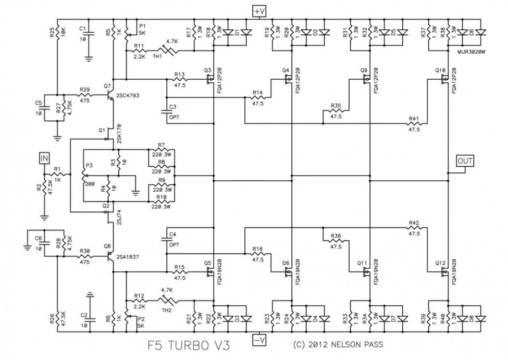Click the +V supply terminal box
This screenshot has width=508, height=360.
259,11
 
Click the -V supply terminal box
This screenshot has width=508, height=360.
259,340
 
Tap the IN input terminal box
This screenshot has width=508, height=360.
44,158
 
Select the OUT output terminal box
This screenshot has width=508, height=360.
465,160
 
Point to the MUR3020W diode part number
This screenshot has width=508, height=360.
472,52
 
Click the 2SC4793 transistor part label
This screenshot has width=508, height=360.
128,95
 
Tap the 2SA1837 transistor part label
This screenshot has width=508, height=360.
127,257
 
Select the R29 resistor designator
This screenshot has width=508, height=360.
84,90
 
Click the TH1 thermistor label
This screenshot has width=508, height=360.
157,56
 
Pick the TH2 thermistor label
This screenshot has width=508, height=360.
166,310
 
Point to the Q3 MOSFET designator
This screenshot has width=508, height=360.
207,70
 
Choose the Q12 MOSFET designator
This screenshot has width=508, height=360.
440,263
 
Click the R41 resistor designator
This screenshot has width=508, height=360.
414,119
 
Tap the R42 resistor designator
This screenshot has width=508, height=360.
414,223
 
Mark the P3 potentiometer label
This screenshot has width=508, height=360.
89,165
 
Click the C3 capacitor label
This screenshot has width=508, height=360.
172,107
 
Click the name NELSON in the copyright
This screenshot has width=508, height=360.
347,344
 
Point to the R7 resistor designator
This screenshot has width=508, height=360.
162,145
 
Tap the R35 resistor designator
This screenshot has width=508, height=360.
336,106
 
